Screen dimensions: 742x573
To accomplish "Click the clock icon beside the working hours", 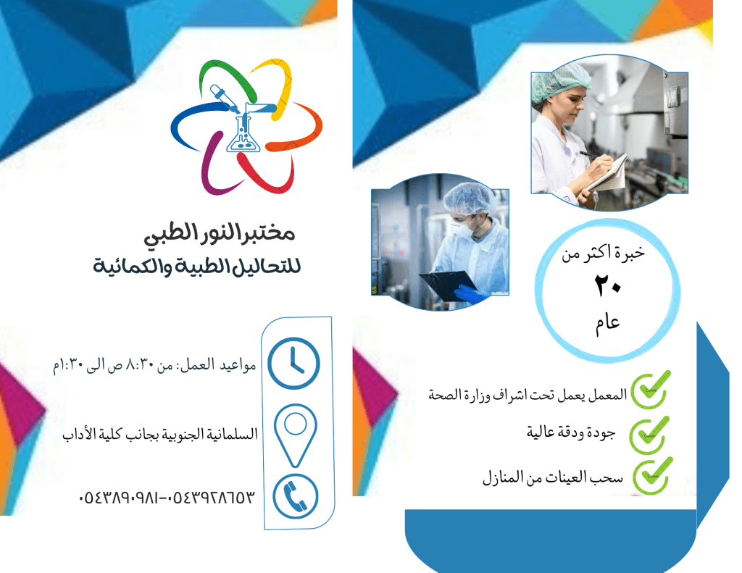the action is (x=294, y=363).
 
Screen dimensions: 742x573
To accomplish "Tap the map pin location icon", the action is (x=296, y=435).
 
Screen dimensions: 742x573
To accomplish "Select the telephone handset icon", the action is (x=296, y=496).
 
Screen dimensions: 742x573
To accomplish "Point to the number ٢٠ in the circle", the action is (x=608, y=286).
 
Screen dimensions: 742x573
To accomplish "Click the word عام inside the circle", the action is (x=608, y=324).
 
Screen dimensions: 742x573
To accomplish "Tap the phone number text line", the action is (x=167, y=497).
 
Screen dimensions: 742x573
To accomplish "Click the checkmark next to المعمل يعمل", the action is (x=651, y=390).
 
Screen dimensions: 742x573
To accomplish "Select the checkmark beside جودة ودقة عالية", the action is (x=649, y=435).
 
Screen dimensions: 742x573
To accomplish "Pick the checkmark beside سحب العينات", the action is (x=653, y=475).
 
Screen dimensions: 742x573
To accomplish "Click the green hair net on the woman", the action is (x=562, y=82).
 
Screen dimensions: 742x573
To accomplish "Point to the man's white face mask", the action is (x=459, y=228).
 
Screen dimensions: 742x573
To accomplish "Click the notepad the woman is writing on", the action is (x=608, y=174).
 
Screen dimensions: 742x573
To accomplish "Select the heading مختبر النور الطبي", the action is (x=220, y=233).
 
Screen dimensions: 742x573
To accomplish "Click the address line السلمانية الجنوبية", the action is (x=160, y=433).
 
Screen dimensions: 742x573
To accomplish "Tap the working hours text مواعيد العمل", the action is (x=154, y=365).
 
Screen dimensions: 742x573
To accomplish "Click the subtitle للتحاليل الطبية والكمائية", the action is (x=197, y=266).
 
